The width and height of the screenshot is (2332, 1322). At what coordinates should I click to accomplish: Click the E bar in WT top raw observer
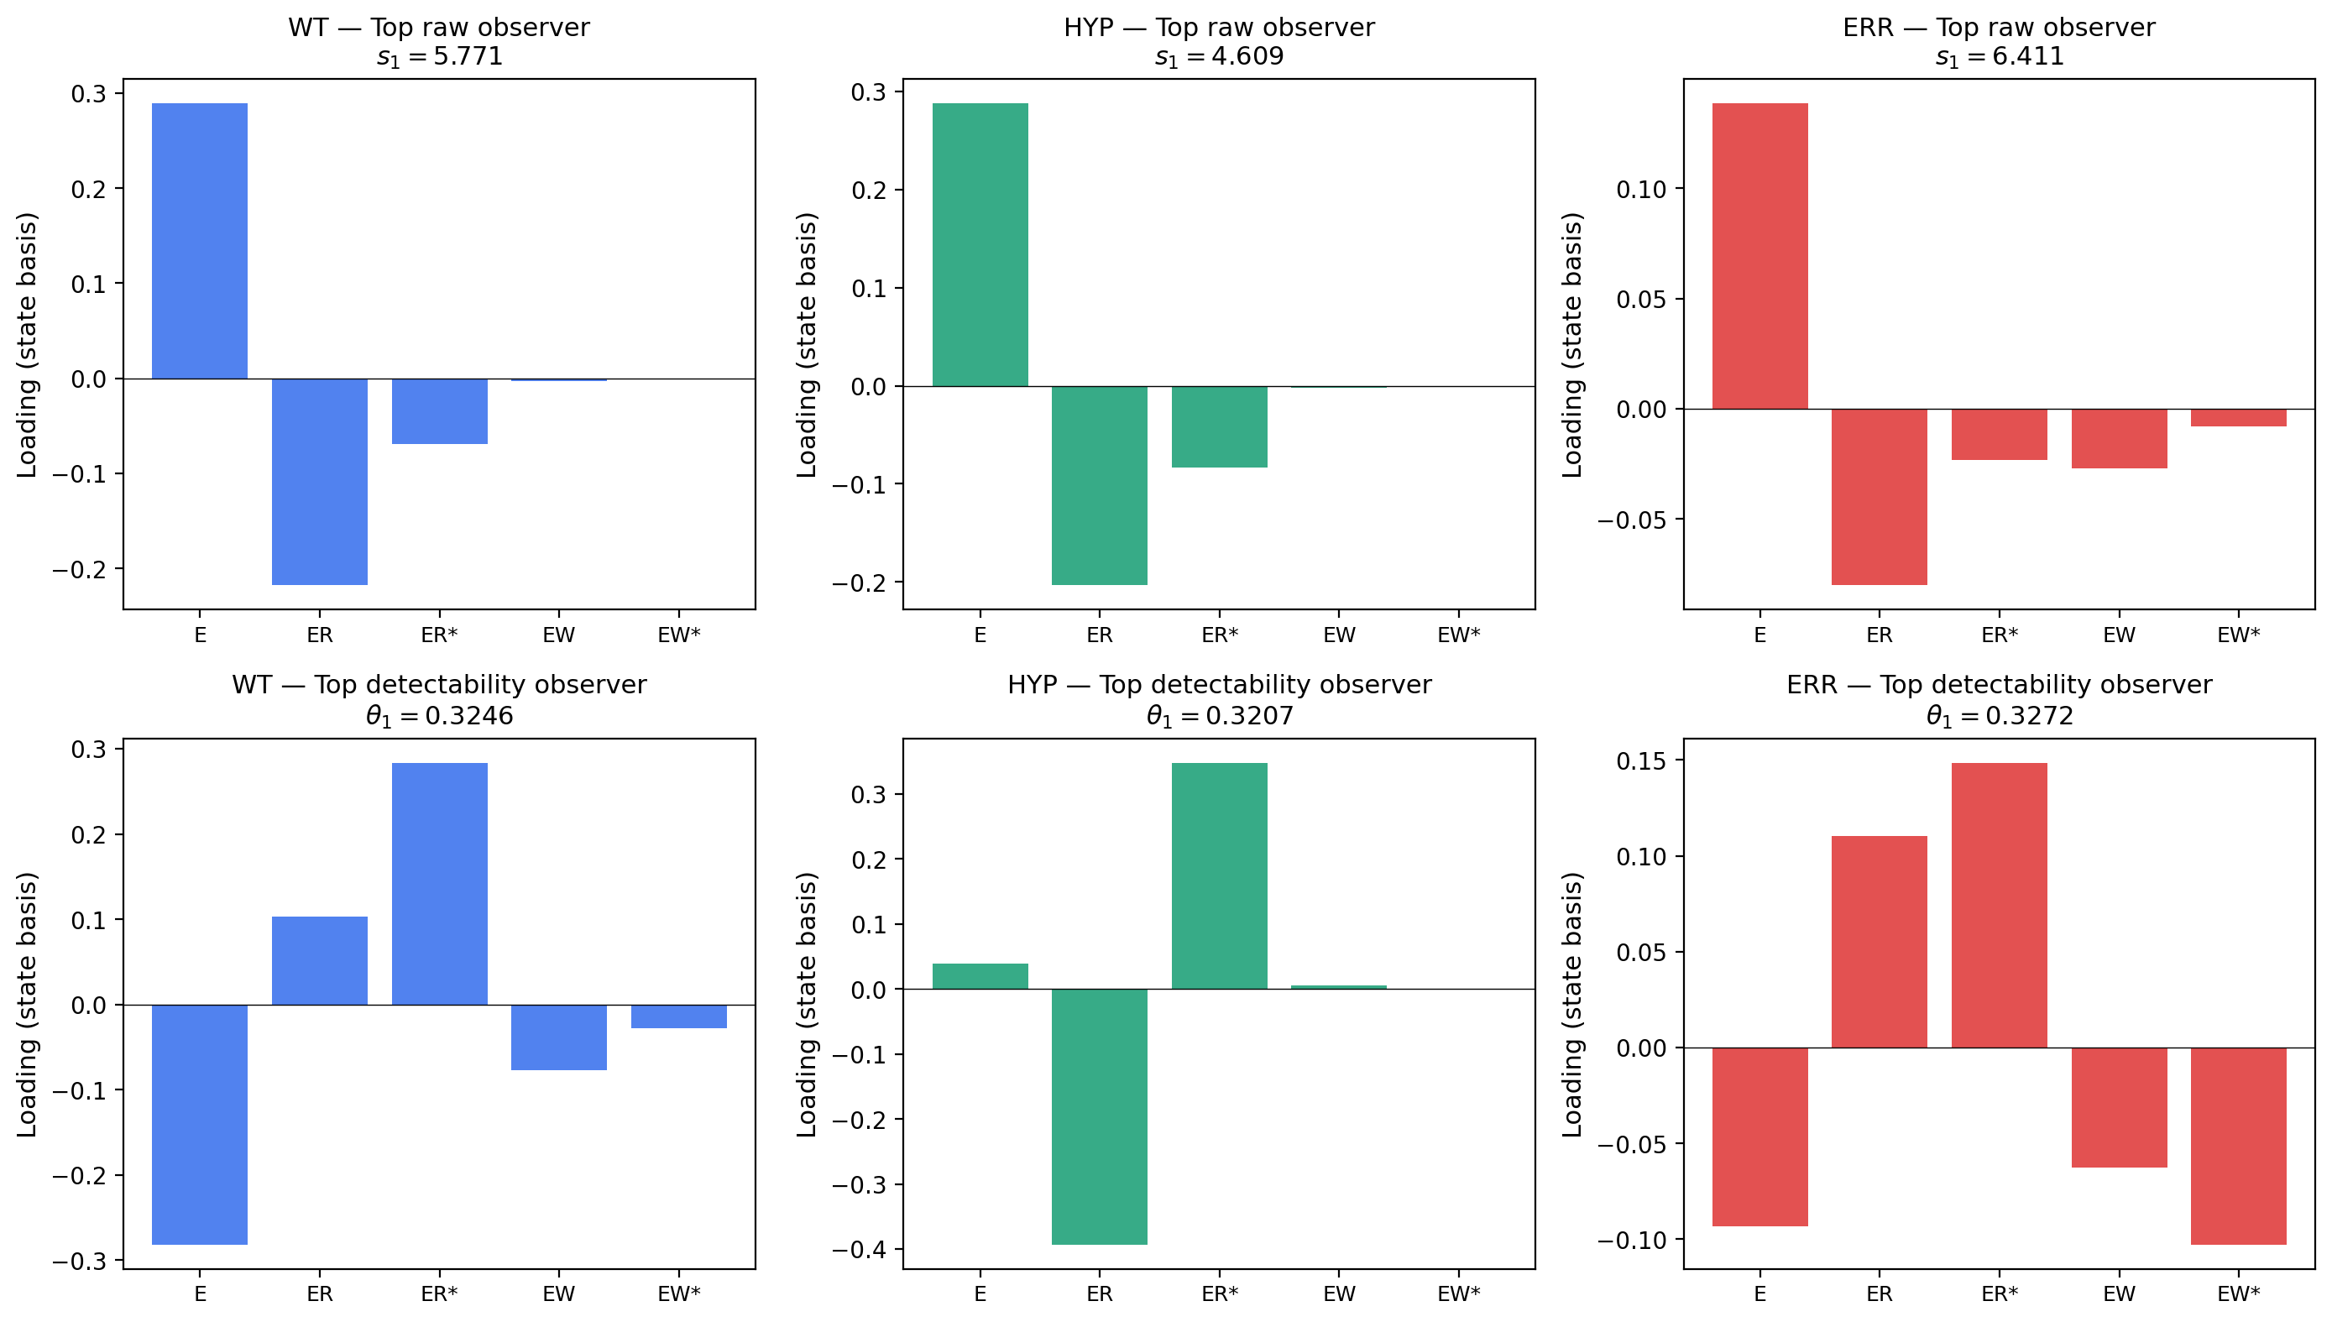199,241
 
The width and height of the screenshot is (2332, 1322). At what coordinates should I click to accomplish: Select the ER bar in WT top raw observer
320,481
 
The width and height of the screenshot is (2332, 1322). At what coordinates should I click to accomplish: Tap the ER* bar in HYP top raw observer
1219,426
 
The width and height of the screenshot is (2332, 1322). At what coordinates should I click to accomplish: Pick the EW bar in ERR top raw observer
2119,438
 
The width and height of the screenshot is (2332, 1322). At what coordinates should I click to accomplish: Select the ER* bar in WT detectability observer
440,884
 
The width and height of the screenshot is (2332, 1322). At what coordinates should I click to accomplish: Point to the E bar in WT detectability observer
199,1124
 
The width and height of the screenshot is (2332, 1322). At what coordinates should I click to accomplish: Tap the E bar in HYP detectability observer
980,976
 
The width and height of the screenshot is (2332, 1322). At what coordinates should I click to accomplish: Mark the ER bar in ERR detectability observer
1879,942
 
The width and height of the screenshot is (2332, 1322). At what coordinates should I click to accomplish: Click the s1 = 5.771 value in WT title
440,57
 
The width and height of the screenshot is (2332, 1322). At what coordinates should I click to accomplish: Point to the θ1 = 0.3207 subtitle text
1219,716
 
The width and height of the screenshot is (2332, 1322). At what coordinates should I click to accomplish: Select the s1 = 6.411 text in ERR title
1999,57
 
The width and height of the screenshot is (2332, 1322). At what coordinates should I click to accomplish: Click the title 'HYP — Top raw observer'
1219,27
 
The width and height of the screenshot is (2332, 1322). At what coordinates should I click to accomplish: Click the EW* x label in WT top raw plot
678,635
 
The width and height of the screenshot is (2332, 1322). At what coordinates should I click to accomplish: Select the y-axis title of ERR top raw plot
1573,345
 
